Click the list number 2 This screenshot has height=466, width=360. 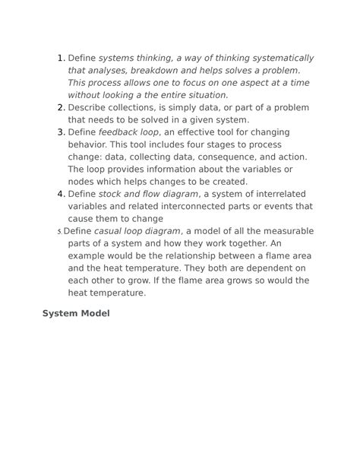pos(61,107)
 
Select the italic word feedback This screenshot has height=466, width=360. pos(119,132)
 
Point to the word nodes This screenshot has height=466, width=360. pos(83,181)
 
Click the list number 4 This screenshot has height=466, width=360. pos(61,194)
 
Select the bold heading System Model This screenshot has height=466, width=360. pos(76,313)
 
